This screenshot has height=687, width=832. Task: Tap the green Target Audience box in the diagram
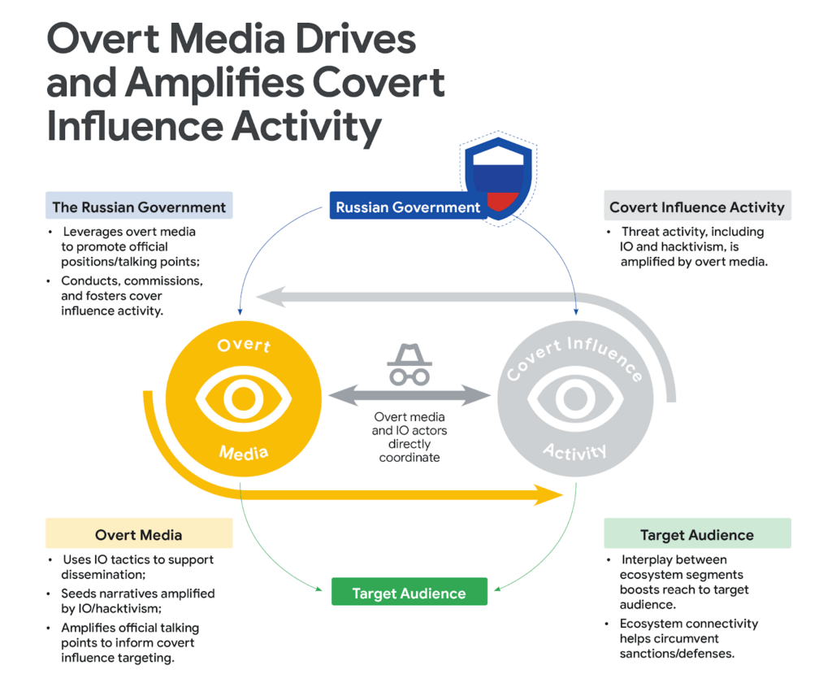coord(409,592)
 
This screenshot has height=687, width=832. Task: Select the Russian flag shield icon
coord(498,178)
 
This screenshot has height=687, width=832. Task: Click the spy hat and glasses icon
coord(409,364)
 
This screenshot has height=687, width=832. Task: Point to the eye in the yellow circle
coord(244,398)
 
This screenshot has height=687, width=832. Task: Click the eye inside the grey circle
coord(575,398)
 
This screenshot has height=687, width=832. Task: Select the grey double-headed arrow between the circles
coord(409,395)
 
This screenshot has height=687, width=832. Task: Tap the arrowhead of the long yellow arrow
coord(548,495)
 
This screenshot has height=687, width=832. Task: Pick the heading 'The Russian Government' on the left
coord(139,207)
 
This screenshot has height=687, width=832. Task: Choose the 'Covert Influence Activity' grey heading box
coord(697,206)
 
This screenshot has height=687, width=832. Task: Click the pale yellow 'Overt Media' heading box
coord(139,533)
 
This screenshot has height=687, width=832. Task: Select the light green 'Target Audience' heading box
coord(697,533)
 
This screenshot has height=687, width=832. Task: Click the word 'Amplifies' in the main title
coord(214,84)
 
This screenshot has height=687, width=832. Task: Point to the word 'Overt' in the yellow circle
coord(244,345)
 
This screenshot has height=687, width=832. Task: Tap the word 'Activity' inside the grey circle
coord(574,452)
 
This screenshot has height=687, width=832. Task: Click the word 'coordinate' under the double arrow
coord(409,458)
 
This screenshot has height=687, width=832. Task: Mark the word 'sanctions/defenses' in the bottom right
coord(677,654)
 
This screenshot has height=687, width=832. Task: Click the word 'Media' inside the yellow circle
coord(244,452)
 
